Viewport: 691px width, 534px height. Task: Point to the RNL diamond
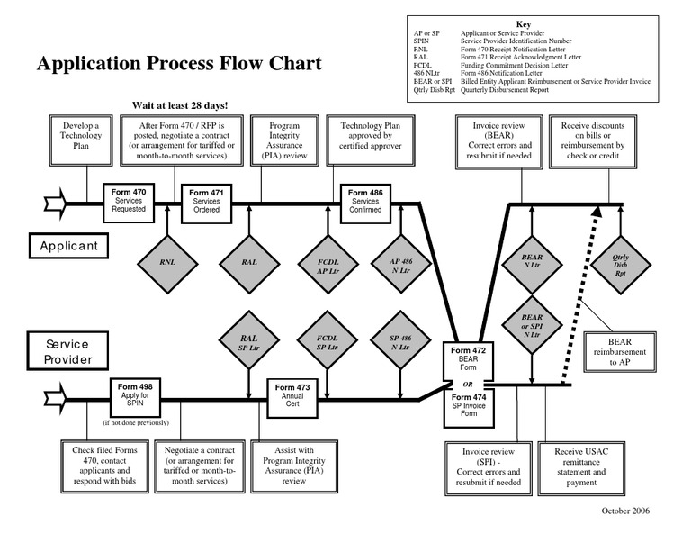[167, 264]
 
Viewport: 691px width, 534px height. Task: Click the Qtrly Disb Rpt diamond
[621, 264]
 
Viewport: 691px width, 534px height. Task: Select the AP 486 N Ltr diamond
[400, 264]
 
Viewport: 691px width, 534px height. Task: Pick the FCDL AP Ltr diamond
[328, 264]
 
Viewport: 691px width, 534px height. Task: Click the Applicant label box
[68, 245]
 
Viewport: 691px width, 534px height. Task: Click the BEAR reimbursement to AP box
[619, 351]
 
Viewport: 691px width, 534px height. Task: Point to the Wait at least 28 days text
[180, 105]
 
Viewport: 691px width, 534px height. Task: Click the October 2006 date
[625, 511]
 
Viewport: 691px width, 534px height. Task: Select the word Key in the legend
[525, 23]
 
